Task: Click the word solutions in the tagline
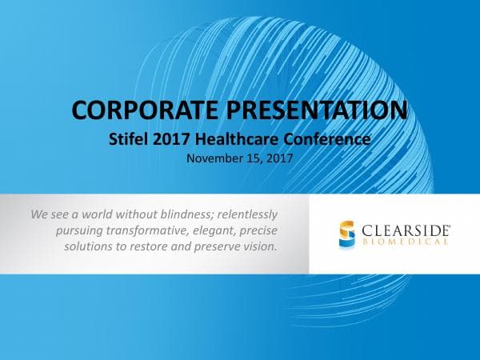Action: [x=87, y=246]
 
